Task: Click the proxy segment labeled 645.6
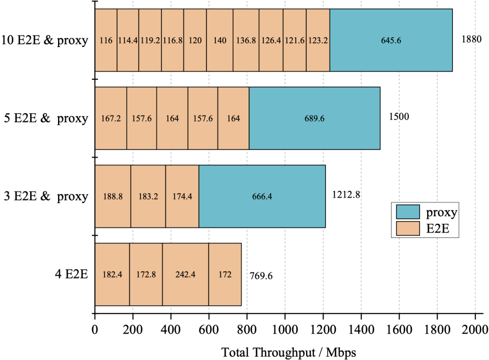click(391, 40)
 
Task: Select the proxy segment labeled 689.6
click(314, 118)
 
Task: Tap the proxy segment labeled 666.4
click(262, 196)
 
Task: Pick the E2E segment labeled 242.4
click(185, 274)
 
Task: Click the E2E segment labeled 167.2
click(111, 118)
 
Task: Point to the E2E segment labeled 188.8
click(113, 196)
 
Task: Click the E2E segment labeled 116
click(106, 40)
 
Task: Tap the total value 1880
click(471, 39)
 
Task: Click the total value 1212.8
click(346, 195)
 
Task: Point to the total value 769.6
click(261, 275)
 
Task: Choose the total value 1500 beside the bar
click(399, 117)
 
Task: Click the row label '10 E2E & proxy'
click(45, 40)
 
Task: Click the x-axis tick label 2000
click(475, 330)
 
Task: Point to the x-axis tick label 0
click(95, 330)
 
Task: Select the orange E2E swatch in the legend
click(405, 228)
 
